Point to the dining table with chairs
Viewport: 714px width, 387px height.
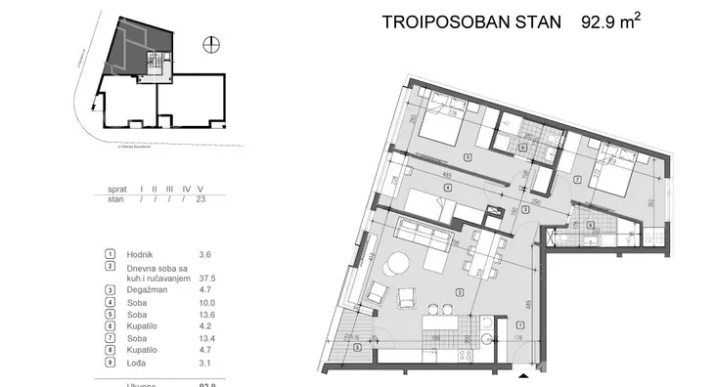pos(480,252)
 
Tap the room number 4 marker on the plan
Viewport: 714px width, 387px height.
pos(446,189)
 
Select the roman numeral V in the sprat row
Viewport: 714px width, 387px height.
pos(200,189)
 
